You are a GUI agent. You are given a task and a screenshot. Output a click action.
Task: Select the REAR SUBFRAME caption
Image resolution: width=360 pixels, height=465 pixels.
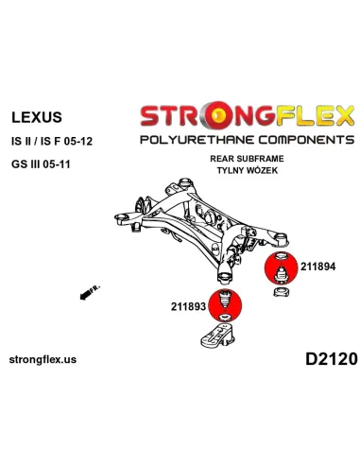click(x=249, y=162)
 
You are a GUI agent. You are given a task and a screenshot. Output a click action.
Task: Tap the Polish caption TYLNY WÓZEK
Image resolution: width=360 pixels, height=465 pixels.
click(x=249, y=173)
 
